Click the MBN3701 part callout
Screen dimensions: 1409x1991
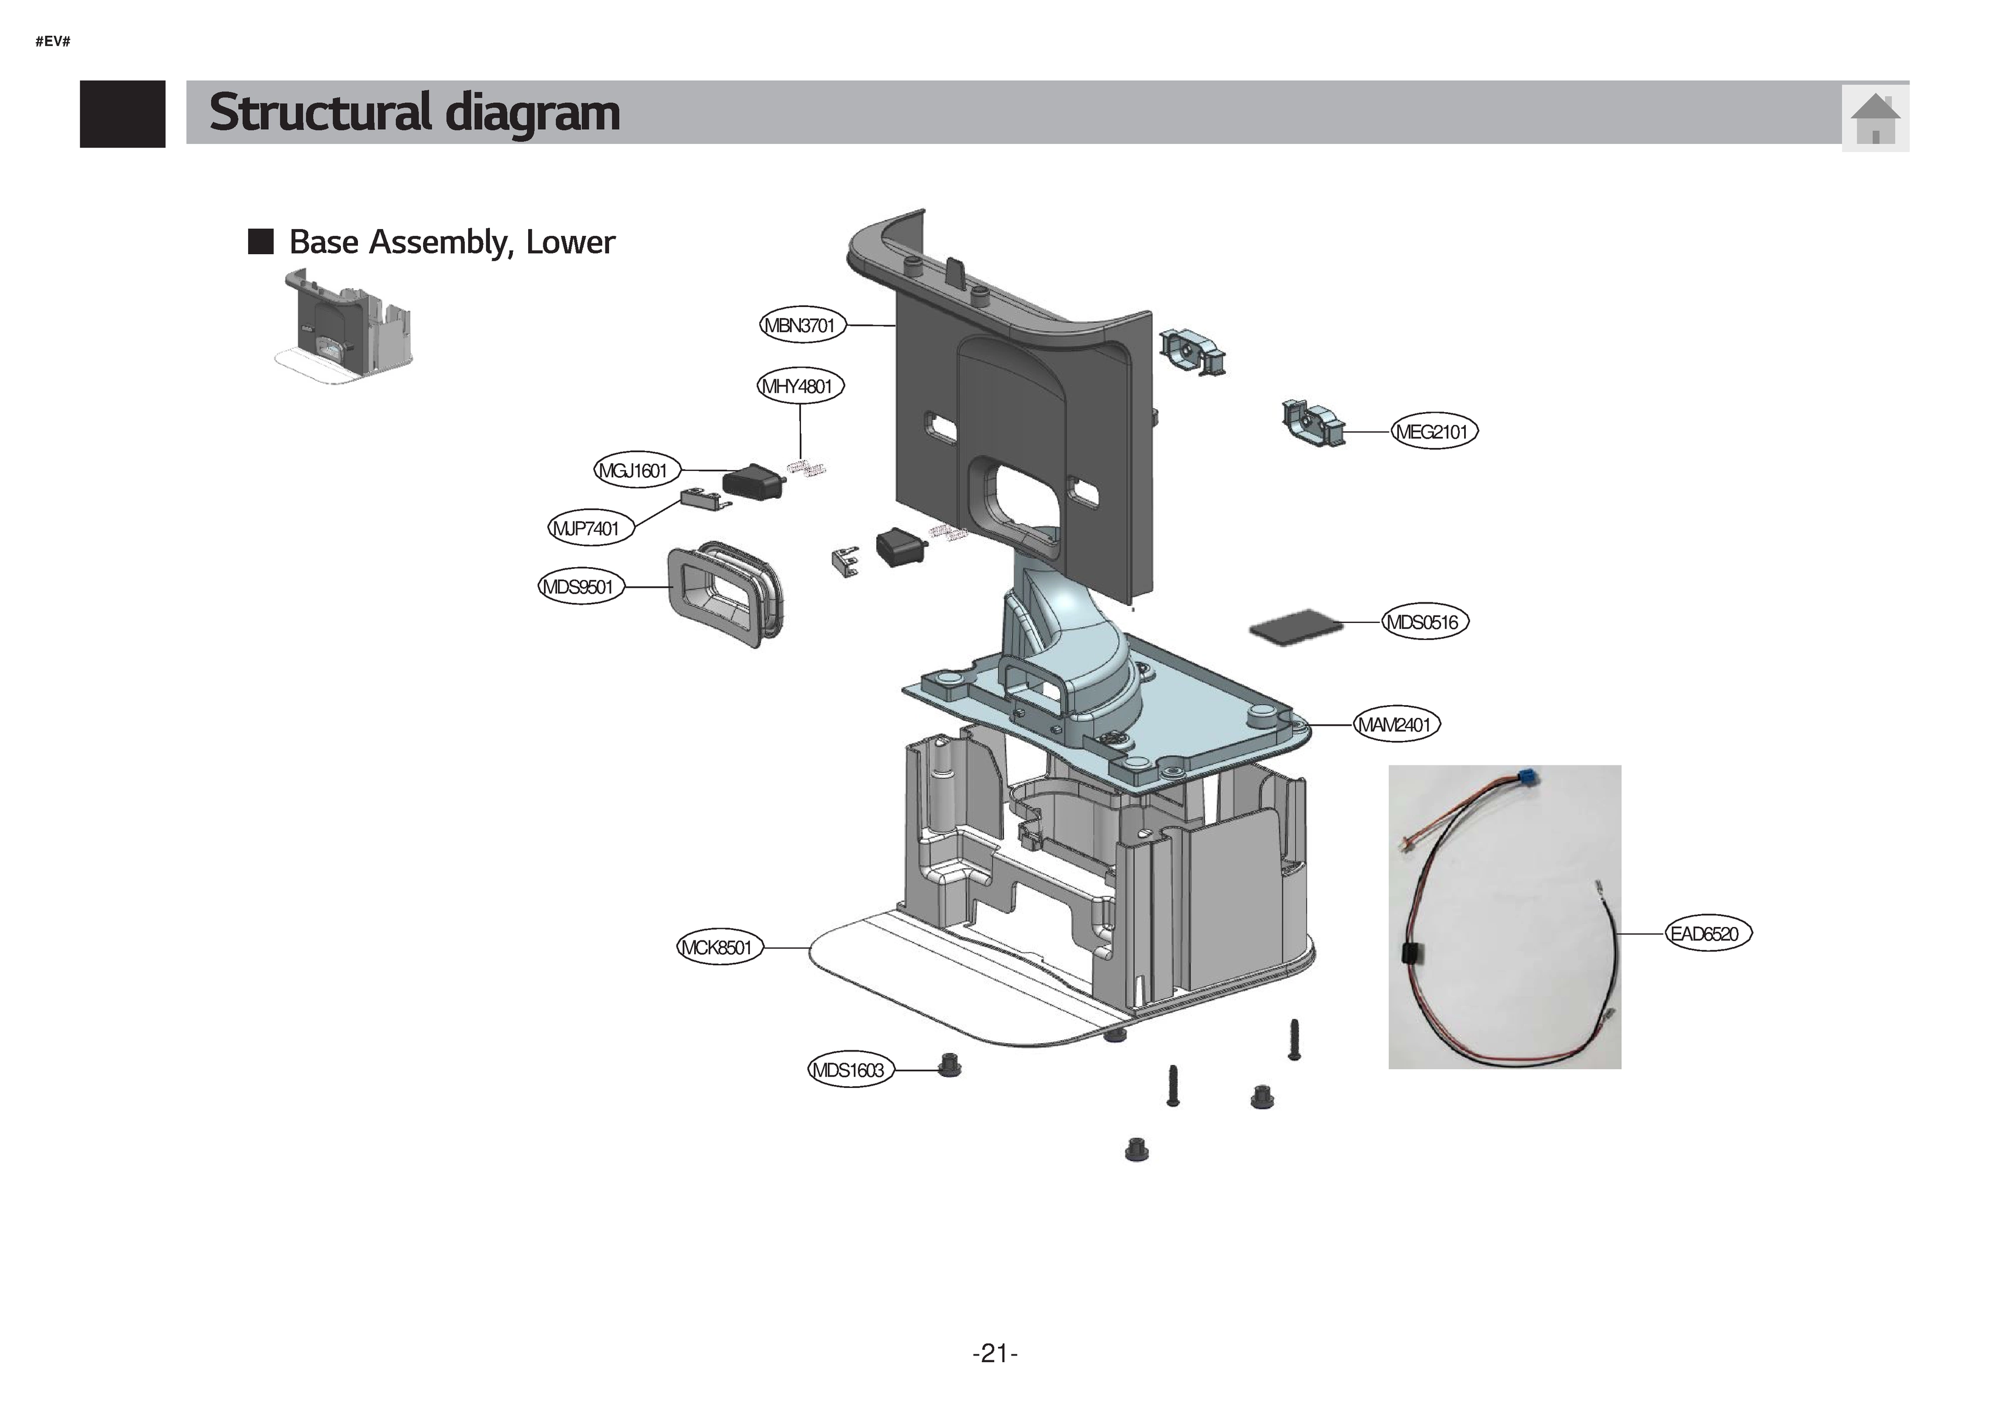(800, 325)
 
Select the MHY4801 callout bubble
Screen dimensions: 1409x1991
(800, 386)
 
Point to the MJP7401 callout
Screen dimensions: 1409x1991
(590, 528)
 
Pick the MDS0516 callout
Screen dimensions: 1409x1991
(1424, 622)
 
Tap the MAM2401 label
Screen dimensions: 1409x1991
(1395, 724)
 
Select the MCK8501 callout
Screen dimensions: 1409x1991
(719, 948)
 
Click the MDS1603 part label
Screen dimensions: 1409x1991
(850, 1070)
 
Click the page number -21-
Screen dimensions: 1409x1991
(995, 1353)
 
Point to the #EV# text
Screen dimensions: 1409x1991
(53, 41)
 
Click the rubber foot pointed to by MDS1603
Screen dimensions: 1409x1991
(949, 1064)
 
